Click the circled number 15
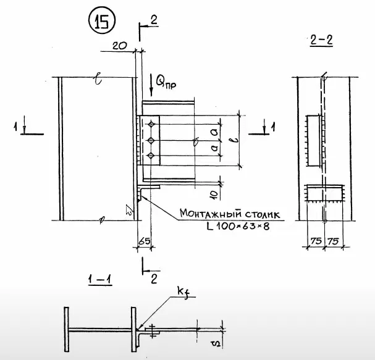tap(102, 22)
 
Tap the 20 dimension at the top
tap(120, 46)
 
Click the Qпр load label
tap(166, 83)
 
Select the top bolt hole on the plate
tap(151, 124)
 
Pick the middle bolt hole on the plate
tap(151, 140)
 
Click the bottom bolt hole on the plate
tap(151, 156)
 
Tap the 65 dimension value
tap(144, 241)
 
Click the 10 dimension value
tap(215, 195)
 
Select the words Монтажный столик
tap(230, 214)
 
